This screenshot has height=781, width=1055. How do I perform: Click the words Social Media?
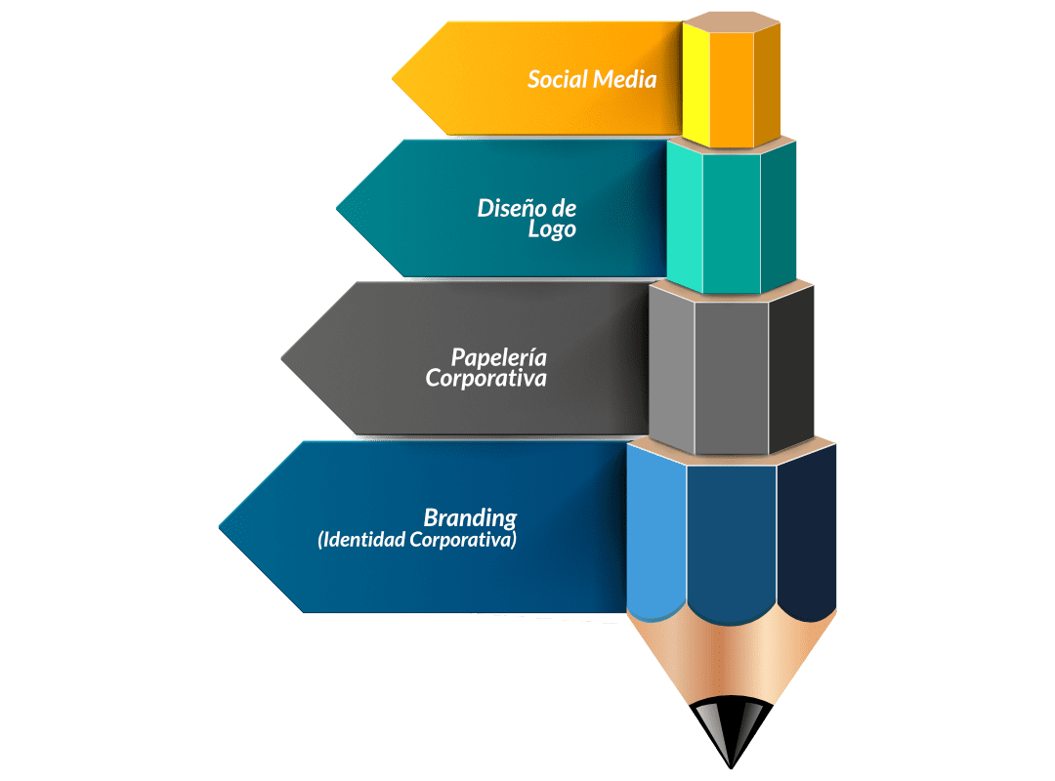click(x=592, y=79)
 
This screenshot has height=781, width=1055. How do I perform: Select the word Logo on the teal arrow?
click(x=552, y=230)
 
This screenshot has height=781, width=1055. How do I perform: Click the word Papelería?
click(x=498, y=355)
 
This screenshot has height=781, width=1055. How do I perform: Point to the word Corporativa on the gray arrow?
click(x=485, y=378)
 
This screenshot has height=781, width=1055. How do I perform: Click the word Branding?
click(x=470, y=517)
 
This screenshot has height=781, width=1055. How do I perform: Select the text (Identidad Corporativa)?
click(x=417, y=539)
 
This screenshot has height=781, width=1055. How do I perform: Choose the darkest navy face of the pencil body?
click(x=808, y=537)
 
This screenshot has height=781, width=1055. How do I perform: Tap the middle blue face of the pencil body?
click(x=732, y=537)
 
